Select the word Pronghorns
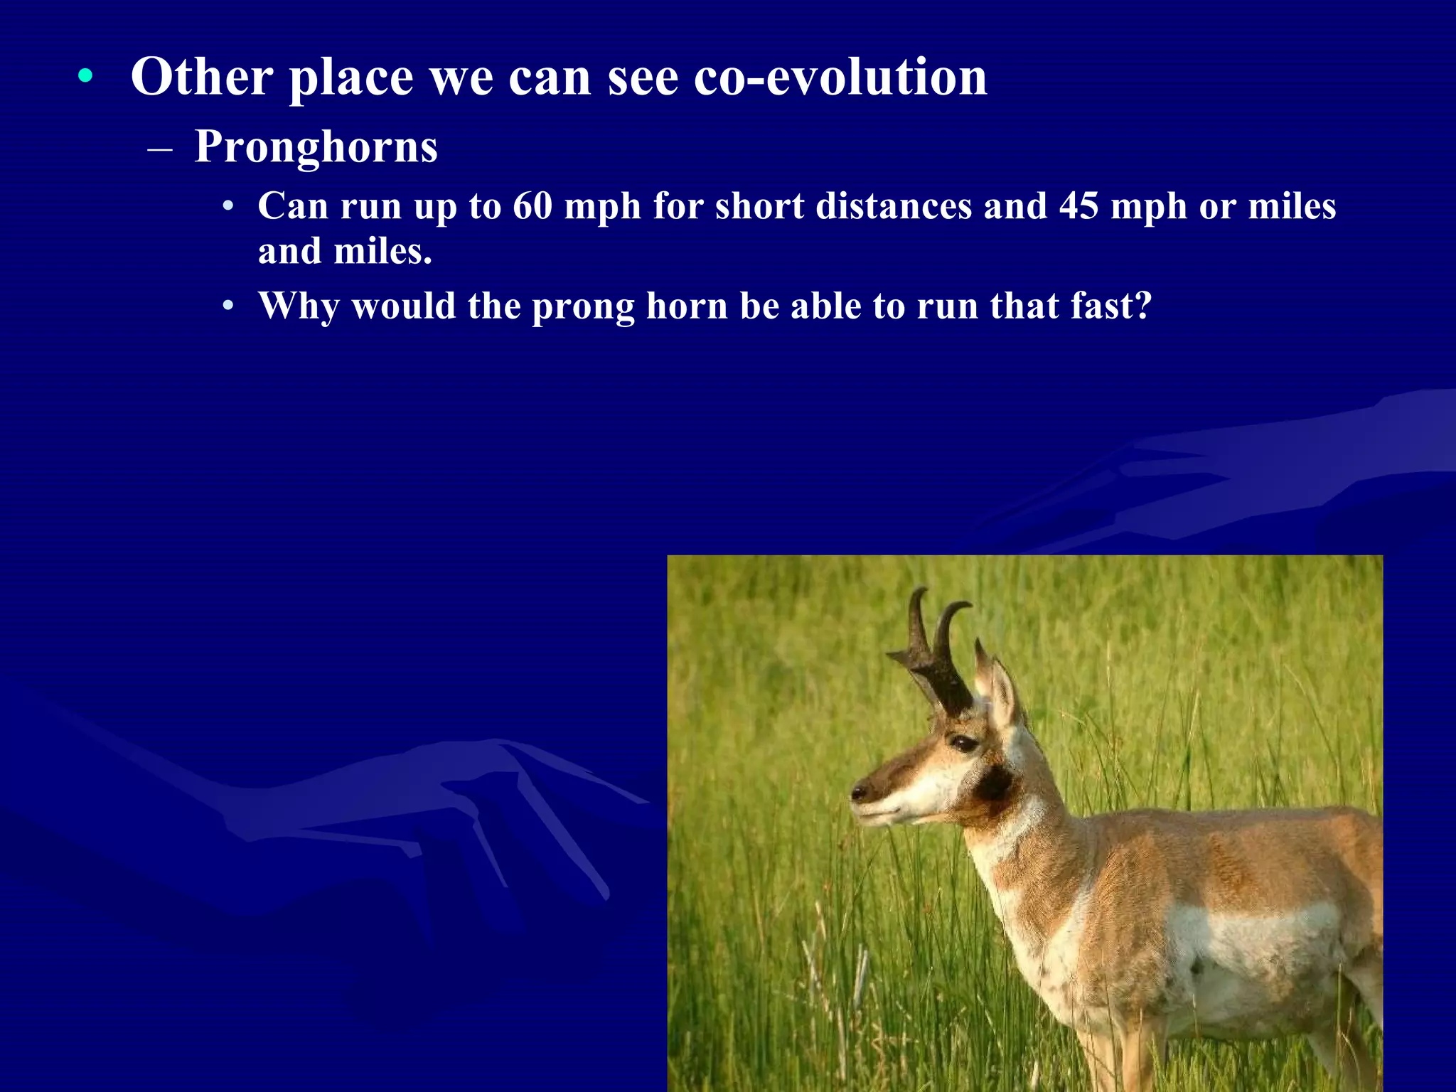pyautogui.click(x=316, y=146)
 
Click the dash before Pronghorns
pyautogui.click(x=160, y=149)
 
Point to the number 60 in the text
pyautogui.click(x=532, y=206)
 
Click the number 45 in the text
pyautogui.click(x=1078, y=206)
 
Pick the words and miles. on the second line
pyautogui.click(x=345, y=252)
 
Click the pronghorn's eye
pyautogui.click(x=964, y=744)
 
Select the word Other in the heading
pyautogui.click(x=202, y=77)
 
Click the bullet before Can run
pyautogui.click(x=227, y=208)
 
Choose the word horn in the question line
pyautogui.click(x=686, y=306)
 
